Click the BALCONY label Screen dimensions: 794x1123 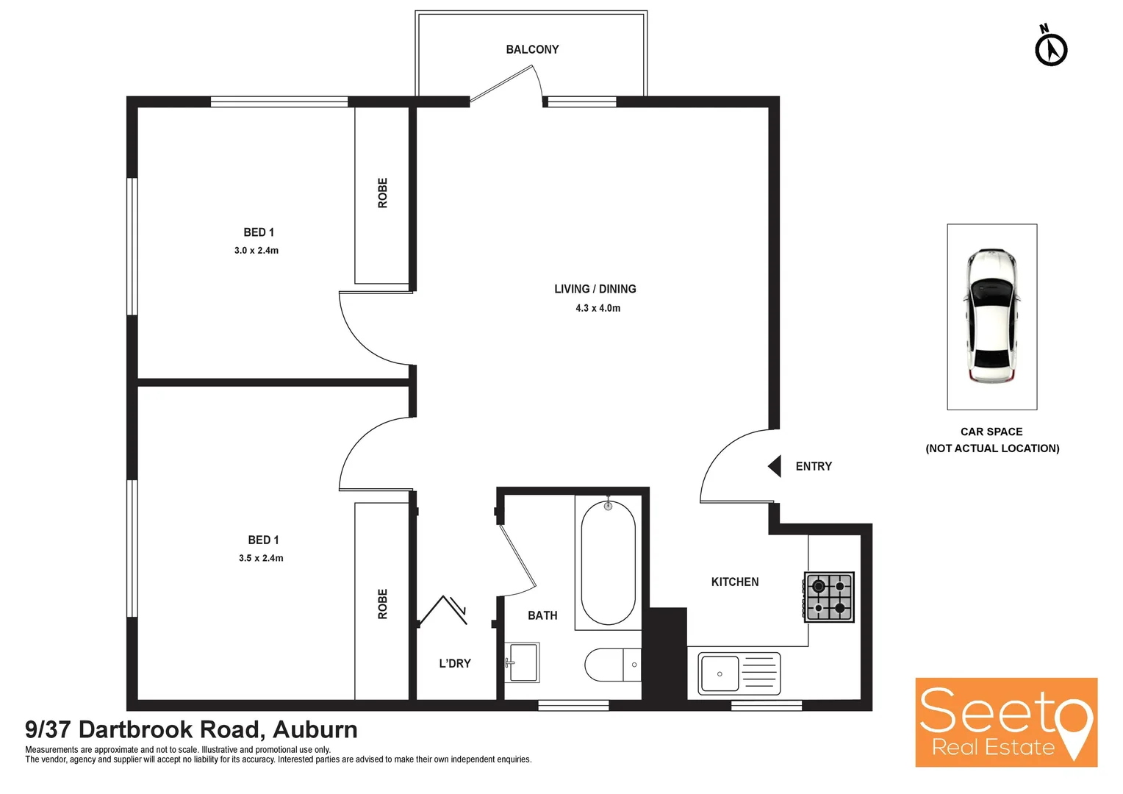[x=532, y=49]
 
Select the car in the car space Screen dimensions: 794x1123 [x=992, y=316]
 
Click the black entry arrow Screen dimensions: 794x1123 [x=775, y=466]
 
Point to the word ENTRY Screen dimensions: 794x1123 [x=814, y=466]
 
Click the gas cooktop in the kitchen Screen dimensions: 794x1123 [x=829, y=597]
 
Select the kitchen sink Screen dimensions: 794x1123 [x=739, y=673]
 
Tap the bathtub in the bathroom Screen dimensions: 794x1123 [x=608, y=562]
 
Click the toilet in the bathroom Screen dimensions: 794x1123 [x=612, y=665]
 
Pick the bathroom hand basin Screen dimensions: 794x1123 [x=523, y=662]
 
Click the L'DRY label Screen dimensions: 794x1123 [x=455, y=663]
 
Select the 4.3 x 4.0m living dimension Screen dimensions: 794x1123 [x=598, y=308]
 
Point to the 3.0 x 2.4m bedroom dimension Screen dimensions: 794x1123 [x=256, y=251]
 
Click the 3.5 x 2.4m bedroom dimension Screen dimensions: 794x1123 [x=261, y=558]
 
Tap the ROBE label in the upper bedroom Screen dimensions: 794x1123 [x=382, y=193]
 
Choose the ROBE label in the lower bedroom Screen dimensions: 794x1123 [x=382, y=604]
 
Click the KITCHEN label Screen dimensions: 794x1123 [x=735, y=582]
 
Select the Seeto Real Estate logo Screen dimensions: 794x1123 [x=1005, y=722]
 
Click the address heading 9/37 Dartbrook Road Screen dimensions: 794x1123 [x=191, y=729]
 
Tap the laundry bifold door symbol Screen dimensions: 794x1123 [x=443, y=610]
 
